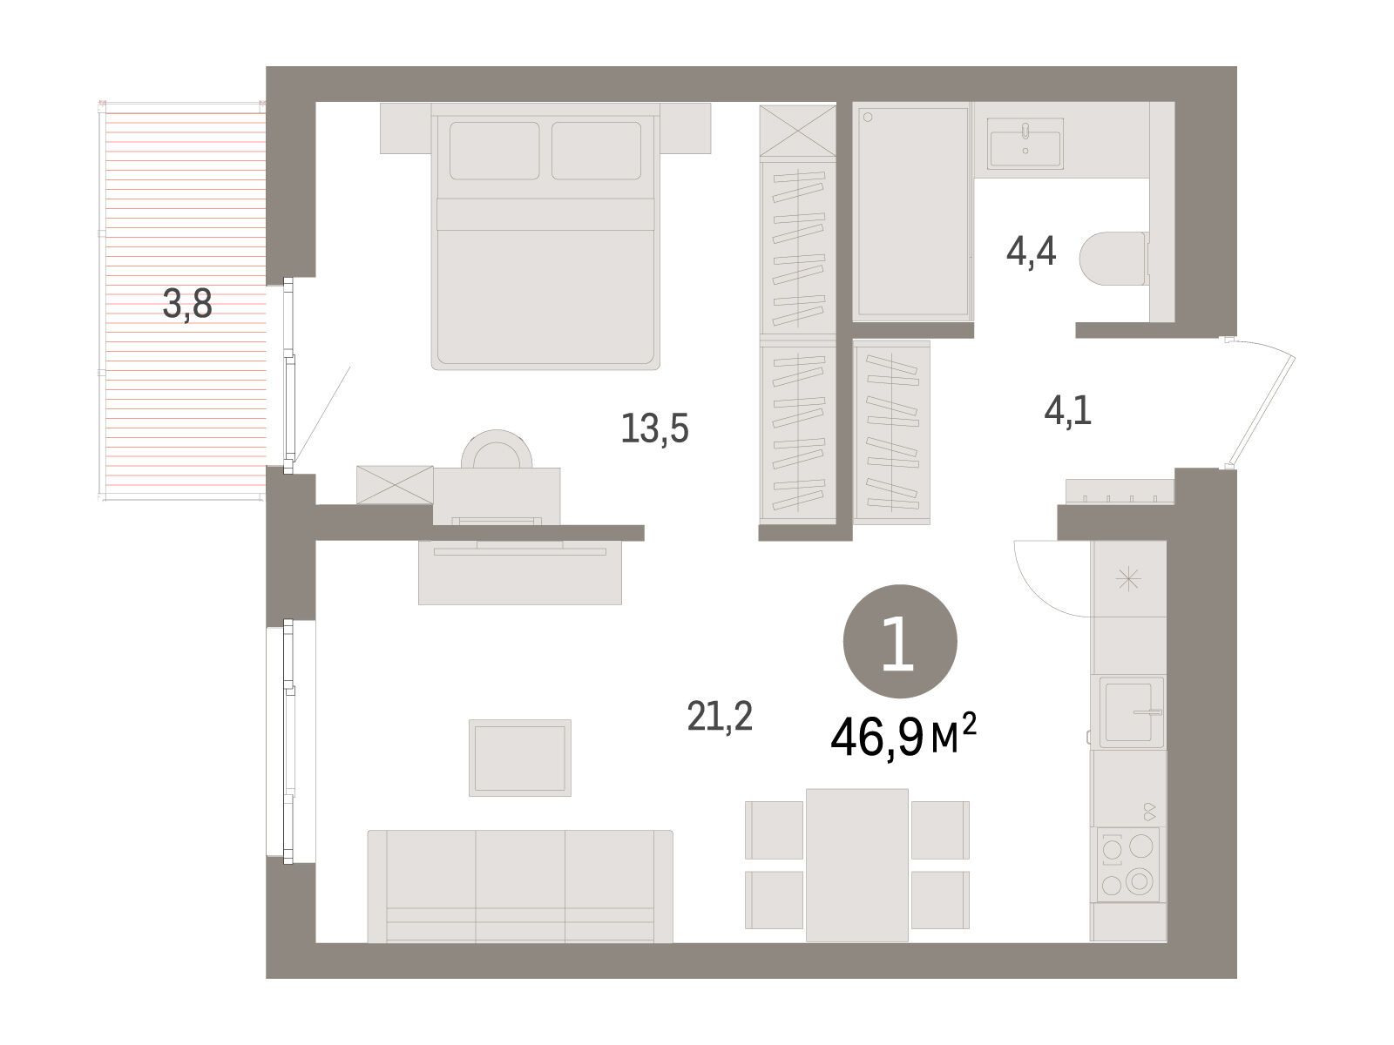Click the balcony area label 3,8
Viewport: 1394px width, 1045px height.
click(187, 305)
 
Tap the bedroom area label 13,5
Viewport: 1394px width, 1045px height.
click(655, 428)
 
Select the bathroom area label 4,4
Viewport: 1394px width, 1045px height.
click(1031, 251)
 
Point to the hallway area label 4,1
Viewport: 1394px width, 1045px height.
click(1067, 410)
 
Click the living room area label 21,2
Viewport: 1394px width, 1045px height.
click(720, 718)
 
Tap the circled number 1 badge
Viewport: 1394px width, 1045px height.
click(900, 642)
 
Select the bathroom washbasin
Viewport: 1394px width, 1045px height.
click(1025, 144)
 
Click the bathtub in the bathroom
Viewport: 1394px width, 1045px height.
click(912, 212)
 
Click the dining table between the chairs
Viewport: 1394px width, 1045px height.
click(856, 865)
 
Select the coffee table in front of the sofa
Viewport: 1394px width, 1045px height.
click(519, 758)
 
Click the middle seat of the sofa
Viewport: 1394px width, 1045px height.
click(520, 885)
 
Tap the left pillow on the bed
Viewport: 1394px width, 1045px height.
click(494, 151)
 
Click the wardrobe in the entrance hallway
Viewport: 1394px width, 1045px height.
click(891, 432)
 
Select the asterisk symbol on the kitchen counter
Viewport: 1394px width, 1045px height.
click(1128, 578)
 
